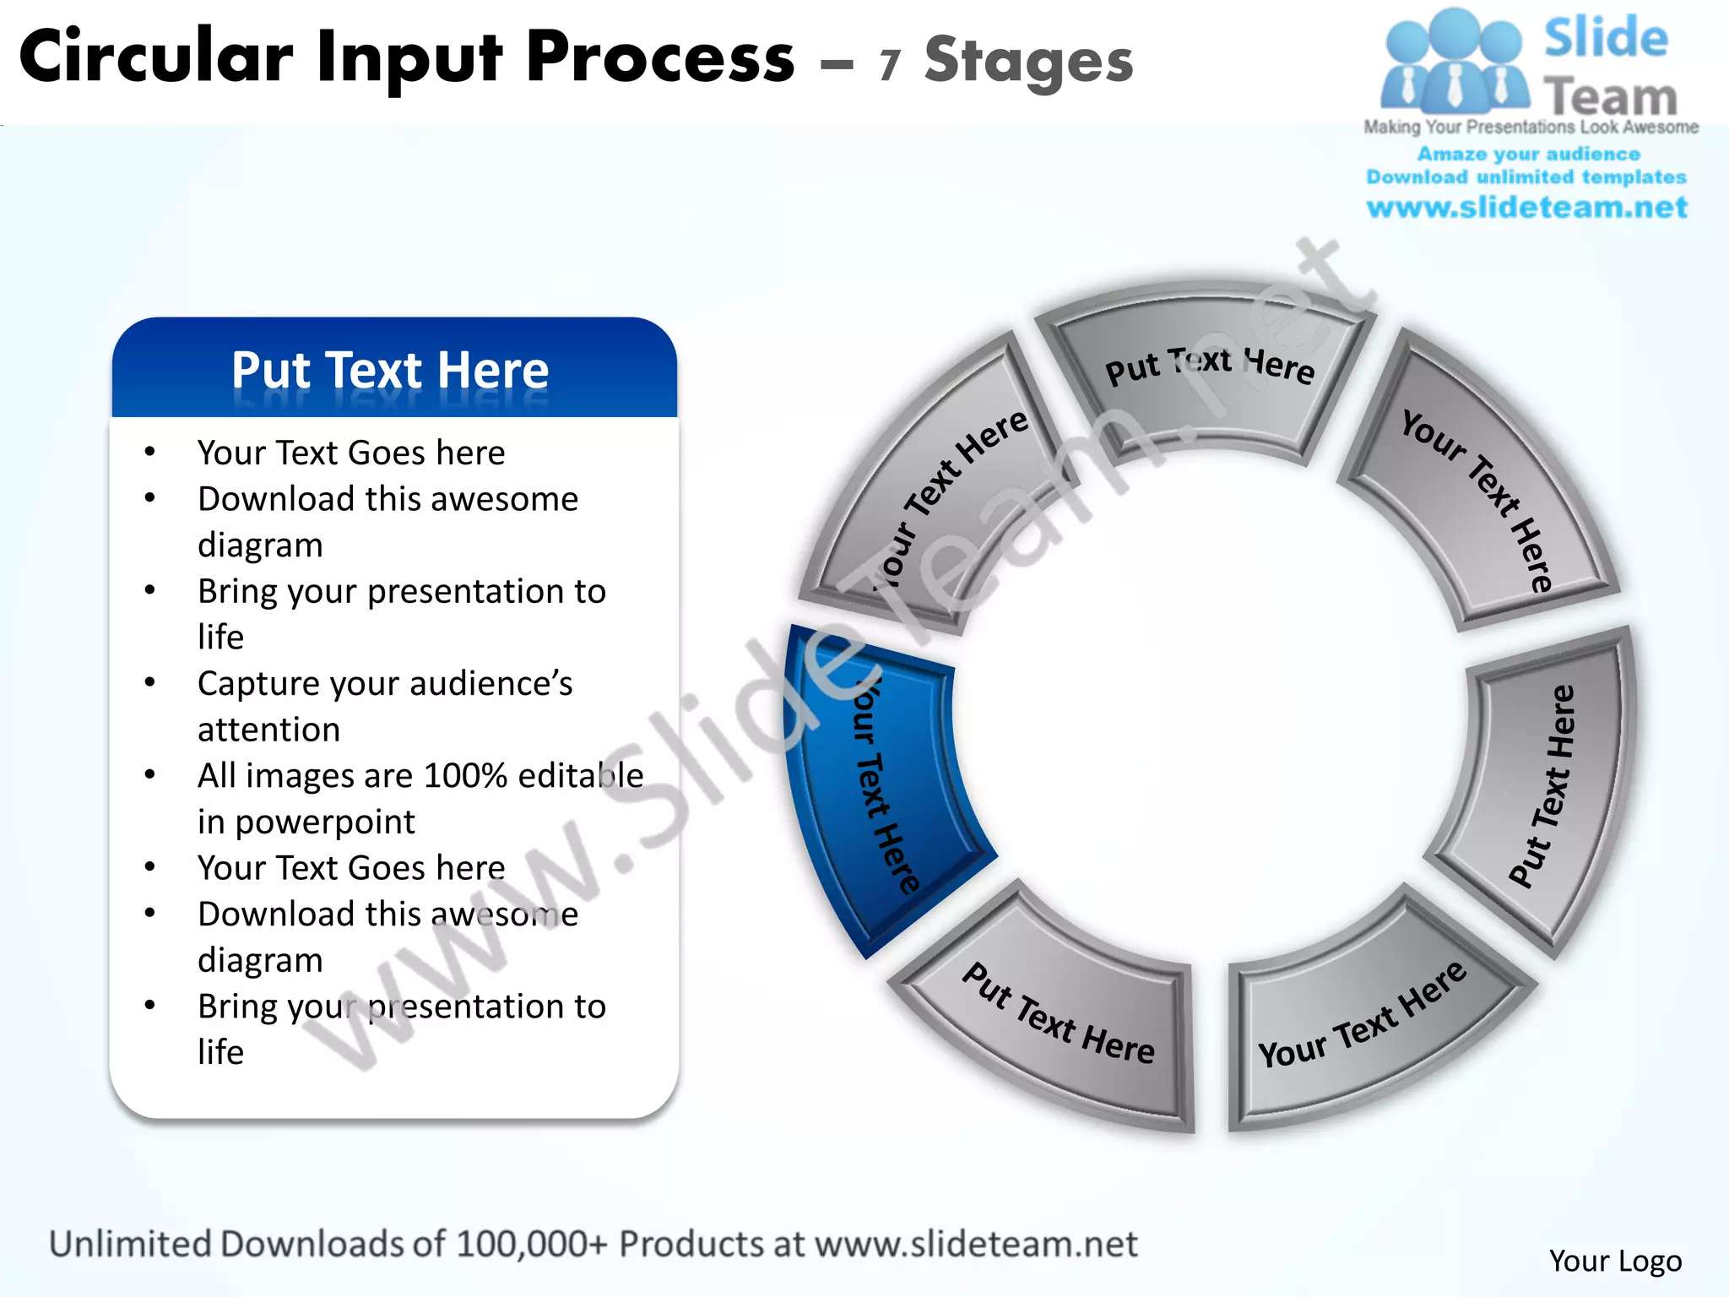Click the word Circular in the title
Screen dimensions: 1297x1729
[x=156, y=57]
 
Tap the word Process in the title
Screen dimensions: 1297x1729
[x=660, y=57]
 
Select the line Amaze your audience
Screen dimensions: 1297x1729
[x=1528, y=154]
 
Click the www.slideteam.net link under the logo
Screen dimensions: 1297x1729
[x=1526, y=207]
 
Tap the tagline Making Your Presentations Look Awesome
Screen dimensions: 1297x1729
[x=1531, y=128]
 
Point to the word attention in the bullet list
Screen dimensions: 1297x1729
[x=268, y=730]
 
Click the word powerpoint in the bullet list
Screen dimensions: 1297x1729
[x=325, y=822]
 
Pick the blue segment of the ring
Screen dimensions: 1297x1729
[x=878, y=785]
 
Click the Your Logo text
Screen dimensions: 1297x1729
[x=1615, y=1261]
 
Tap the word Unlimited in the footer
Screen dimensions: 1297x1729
[x=130, y=1244]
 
